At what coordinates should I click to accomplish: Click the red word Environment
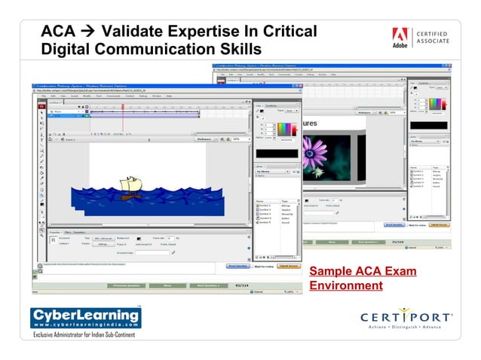point(346,285)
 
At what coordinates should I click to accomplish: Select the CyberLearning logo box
point(84,317)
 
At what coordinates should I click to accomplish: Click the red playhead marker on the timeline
point(123,106)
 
